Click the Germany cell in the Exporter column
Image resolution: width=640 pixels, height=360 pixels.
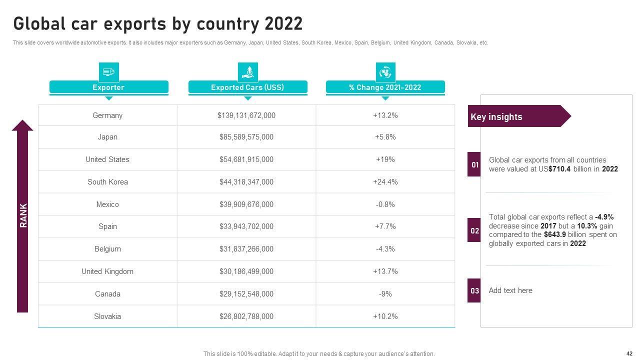pyautogui.click(x=107, y=115)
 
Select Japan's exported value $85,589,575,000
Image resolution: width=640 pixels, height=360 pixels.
pyautogui.click(x=246, y=137)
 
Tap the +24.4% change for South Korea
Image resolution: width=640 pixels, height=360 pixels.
pyautogui.click(x=385, y=182)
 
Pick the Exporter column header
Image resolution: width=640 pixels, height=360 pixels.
pyautogui.click(x=108, y=87)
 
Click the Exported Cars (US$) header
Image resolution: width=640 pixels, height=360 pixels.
pyautogui.click(x=247, y=87)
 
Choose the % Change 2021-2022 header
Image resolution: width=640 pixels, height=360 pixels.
pyautogui.click(x=385, y=87)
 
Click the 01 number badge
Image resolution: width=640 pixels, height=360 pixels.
pyautogui.click(x=474, y=164)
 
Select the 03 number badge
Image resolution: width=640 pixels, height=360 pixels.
pyautogui.click(x=474, y=290)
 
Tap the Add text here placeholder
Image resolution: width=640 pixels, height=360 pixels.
pyautogui.click(x=510, y=290)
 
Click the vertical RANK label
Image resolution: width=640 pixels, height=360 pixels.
pyautogui.click(x=23, y=215)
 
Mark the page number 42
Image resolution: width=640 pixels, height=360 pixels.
pyautogui.click(x=629, y=352)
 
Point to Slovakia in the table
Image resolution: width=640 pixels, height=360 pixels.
pyautogui.click(x=107, y=316)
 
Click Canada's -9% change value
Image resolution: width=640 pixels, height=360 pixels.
pyautogui.click(x=385, y=294)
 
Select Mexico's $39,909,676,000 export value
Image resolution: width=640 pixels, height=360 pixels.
pyautogui.click(x=246, y=204)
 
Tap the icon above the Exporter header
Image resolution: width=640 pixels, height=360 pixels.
pyautogui.click(x=109, y=72)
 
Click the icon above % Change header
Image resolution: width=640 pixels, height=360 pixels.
pyautogui.click(x=385, y=72)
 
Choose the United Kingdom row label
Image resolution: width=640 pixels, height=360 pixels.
pyautogui.click(x=107, y=271)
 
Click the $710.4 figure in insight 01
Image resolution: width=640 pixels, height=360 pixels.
pyautogui.click(x=559, y=169)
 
